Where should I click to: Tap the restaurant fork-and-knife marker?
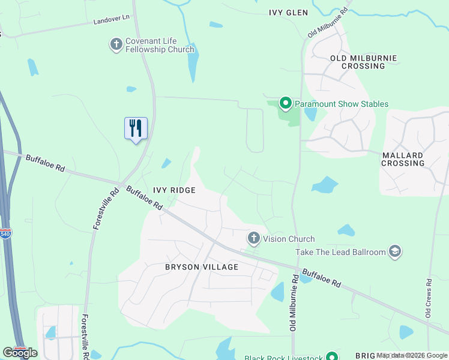136,128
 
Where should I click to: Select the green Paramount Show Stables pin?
286,104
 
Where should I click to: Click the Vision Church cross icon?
254,239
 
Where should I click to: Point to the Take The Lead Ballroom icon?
395,251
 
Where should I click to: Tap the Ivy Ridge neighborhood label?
174,190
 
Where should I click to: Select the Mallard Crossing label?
403,159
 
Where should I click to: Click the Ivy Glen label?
288,13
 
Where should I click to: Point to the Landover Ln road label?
112,20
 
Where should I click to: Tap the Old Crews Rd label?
428,298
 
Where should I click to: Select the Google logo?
20,353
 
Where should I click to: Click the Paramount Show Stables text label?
341,104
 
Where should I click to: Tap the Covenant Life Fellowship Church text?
160,46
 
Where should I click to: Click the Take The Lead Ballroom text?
340,252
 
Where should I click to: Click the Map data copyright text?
412,355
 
